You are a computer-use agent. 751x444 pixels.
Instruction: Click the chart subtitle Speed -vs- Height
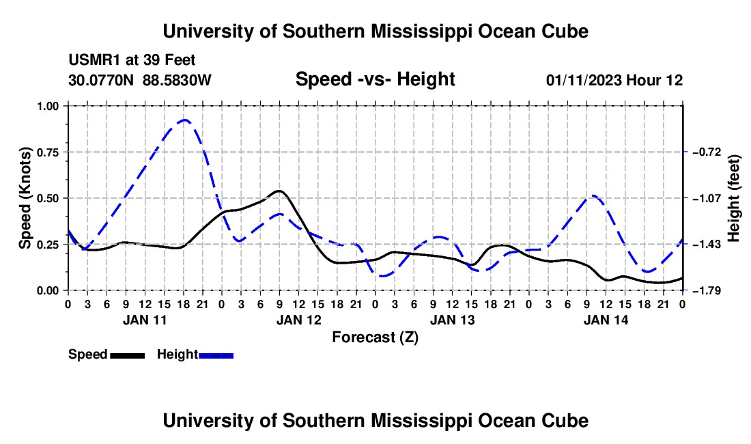[x=375, y=79]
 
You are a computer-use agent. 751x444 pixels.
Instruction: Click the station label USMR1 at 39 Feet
[x=132, y=60]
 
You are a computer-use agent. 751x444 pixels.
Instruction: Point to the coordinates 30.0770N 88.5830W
[x=140, y=80]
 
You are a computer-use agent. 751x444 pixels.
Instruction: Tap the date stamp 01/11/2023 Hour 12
[x=614, y=80]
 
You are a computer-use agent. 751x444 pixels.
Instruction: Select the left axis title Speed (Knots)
[x=25, y=198]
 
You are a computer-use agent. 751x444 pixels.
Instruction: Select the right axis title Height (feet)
[x=734, y=198]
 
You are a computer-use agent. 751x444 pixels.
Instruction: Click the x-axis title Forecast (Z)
[x=375, y=337]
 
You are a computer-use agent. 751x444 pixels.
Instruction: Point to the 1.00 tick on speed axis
[x=48, y=106]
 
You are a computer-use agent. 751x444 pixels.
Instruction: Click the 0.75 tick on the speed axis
[x=48, y=152]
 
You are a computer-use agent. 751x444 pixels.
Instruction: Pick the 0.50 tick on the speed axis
[x=48, y=198]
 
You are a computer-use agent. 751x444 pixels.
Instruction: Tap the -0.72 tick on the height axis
[x=707, y=152]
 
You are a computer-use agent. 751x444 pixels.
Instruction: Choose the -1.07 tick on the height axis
[x=707, y=198]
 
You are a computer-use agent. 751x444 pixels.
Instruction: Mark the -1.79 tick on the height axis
[x=707, y=291]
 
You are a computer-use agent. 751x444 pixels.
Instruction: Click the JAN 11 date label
[x=145, y=320]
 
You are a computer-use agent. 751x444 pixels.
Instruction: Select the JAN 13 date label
[x=452, y=320]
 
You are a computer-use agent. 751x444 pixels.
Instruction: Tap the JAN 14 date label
[x=606, y=320]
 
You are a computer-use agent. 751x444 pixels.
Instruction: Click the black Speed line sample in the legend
[x=128, y=355]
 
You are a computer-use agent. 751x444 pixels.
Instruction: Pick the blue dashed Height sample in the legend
[x=216, y=355]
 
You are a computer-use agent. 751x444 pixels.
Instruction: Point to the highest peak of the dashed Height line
[x=184, y=120]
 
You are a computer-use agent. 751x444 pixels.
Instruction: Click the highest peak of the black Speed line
[x=279, y=191]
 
